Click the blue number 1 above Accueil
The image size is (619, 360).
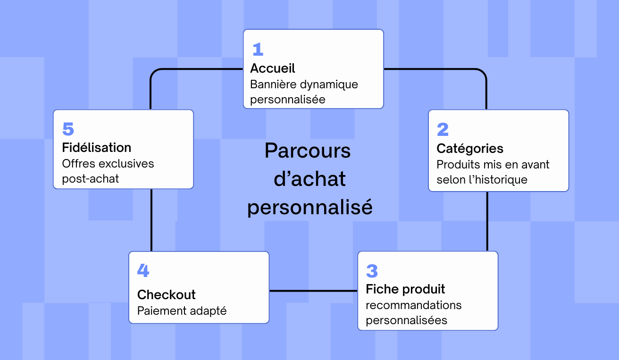tap(258, 50)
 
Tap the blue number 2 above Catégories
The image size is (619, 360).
tap(443, 130)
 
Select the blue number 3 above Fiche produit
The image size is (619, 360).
tap(372, 271)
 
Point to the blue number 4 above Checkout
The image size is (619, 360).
tap(143, 271)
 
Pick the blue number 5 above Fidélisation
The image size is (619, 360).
tap(68, 129)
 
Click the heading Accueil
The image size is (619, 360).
tap(272, 68)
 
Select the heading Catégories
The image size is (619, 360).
tap(469, 149)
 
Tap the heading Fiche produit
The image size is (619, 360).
tap(405, 289)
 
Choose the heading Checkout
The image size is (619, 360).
tap(166, 295)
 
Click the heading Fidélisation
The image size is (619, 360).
tap(96, 148)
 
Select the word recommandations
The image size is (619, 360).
tap(413, 305)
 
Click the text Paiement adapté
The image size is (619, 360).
tap(182, 311)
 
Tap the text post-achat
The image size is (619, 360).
tap(90, 179)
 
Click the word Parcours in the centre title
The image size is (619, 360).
tap(308, 151)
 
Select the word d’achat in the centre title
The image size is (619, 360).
tap(309, 179)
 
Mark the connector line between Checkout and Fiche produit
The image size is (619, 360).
tap(313, 291)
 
